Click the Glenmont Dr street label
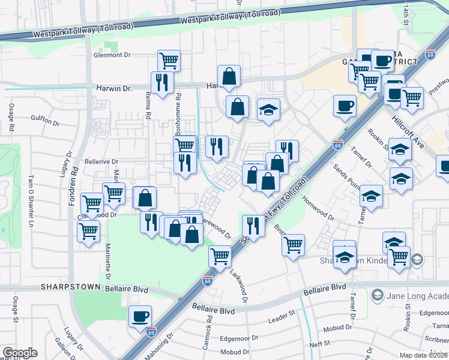112,55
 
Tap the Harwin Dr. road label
113,88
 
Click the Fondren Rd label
76,179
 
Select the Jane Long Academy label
416,295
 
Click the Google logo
20,353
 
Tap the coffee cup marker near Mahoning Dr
140,316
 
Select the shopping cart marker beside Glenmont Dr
169,60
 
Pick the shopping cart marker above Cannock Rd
220,256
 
